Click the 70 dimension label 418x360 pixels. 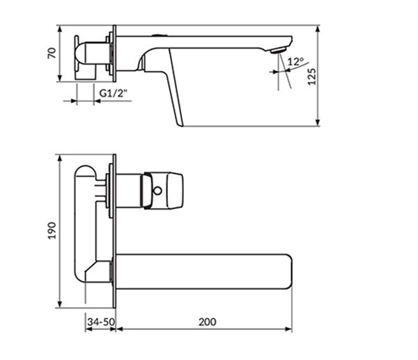coord(52,53)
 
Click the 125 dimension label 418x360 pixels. coord(312,77)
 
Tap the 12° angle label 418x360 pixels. coord(295,61)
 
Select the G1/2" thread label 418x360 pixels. coord(114,93)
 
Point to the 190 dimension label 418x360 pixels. coord(52,230)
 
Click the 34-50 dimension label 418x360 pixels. coord(101,322)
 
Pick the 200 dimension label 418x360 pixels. coord(208,322)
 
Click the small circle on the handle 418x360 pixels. coord(157,191)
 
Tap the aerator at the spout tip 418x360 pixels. coord(278,50)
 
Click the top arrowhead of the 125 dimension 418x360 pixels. coord(317,29)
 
